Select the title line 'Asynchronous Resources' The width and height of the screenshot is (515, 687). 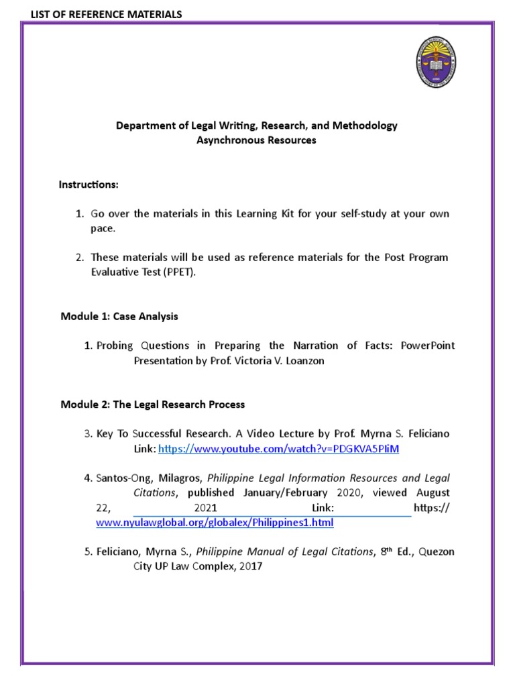[x=257, y=140]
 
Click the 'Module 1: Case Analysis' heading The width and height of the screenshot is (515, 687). [x=119, y=316]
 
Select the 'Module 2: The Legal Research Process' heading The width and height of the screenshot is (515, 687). [x=153, y=405]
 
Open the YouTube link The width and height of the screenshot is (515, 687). [x=278, y=448]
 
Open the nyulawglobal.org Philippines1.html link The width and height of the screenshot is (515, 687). [x=215, y=522]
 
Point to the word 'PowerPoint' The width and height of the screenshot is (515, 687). [x=428, y=346]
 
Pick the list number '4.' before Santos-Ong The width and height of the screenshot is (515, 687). [x=88, y=478]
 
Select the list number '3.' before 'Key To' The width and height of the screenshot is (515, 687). [x=88, y=434]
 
